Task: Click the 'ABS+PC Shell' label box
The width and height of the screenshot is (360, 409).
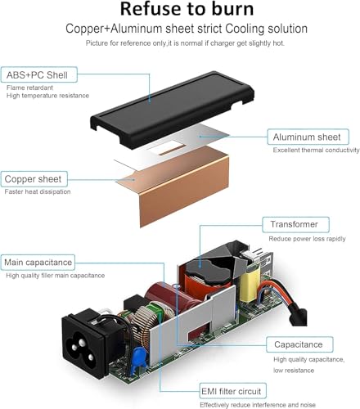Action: click(x=39, y=74)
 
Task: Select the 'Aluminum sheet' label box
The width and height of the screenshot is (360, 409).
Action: click(x=308, y=137)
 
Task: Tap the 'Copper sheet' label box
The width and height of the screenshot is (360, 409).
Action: click(x=34, y=179)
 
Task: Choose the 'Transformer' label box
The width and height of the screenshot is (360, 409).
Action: click(x=295, y=224)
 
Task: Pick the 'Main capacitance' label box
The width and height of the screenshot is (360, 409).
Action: click(x=38, y=262)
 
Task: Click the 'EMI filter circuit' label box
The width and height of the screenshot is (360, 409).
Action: click(x=233, y=391)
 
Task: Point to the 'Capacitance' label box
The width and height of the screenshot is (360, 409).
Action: click(x=299, y=344)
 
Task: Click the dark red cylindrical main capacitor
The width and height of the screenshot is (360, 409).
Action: click(x=170, y=296)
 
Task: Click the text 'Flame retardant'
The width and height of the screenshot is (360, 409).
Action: click(x=29, y=88)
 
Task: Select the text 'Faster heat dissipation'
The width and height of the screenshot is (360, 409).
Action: click(x=38, y=191)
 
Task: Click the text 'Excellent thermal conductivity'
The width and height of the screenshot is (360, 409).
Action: click(x=316, y=150)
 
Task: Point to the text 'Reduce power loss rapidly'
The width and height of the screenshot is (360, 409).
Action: click(x=307, y=239)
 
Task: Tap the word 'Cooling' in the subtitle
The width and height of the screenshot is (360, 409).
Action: click(x=245, y=29)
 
